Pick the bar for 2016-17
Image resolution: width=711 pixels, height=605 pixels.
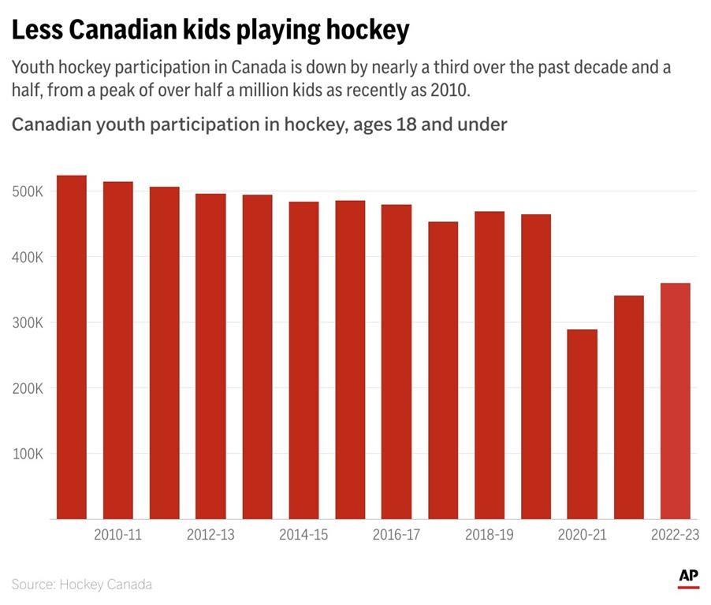point(396,362)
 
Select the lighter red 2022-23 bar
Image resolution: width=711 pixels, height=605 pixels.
point(676,401)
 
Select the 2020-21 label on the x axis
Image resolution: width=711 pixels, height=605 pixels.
point(583,535)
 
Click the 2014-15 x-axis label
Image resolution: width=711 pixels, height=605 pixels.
point(303,535)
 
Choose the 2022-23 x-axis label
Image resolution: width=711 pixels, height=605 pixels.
point(676,535)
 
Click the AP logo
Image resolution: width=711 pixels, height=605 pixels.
point(688,577)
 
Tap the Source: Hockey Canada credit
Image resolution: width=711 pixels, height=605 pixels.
point(82,585)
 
